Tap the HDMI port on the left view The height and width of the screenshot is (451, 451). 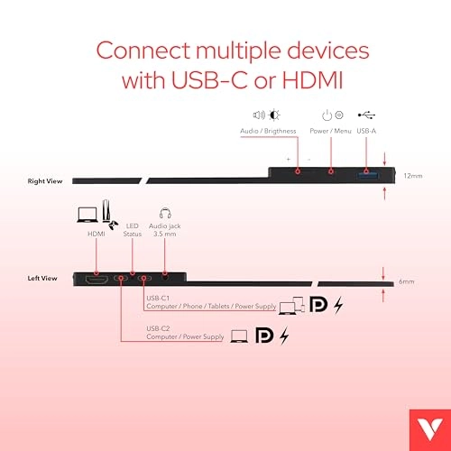click(97, 280)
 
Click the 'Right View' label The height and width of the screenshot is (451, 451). click(45, 181)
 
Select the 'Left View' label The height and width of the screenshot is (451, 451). click(42, 278)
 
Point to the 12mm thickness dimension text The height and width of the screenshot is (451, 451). click(413, 176)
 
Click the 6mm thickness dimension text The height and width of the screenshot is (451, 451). click(407, 281)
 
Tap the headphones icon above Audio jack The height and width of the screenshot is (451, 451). click(165, 213)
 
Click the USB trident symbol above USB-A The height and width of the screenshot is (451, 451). click(366, 115)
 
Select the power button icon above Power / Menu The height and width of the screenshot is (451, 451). click(327, 115)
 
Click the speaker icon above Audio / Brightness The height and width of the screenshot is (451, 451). click(259, 115)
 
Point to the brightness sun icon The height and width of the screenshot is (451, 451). click(274, 115)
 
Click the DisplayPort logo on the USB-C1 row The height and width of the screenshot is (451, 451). click(318, 305)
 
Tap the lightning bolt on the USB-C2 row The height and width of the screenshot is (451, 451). click(284, 336)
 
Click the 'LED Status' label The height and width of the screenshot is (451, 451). click(133, 230)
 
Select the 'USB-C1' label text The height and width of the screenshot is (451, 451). click(158, 298)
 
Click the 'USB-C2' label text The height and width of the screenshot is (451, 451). click(158, 328)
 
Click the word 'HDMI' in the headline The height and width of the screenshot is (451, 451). click(313, 80)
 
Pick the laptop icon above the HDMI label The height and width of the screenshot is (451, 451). click(87, 215)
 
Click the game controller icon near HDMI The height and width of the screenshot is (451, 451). click(114, 225)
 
